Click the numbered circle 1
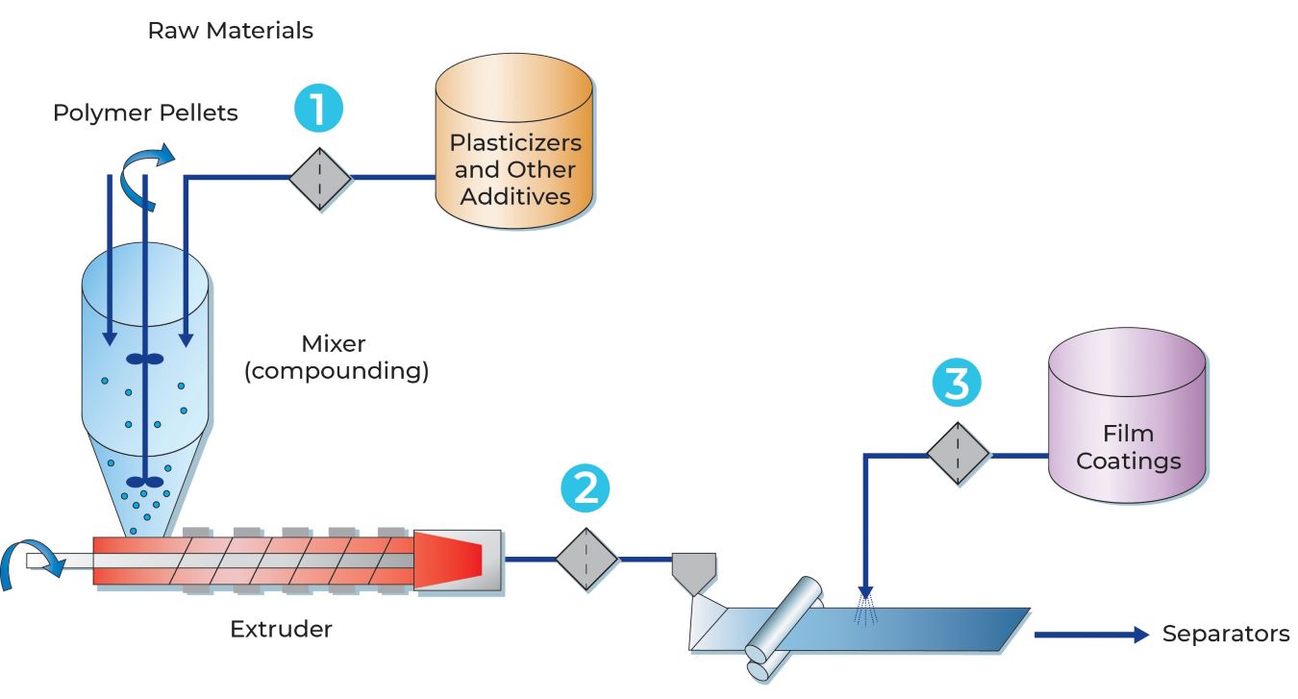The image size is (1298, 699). pos(318,109)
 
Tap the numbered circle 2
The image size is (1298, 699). pos(586,488)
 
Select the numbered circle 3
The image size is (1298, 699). pos(957,383)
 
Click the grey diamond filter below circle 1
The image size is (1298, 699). pos(320,179)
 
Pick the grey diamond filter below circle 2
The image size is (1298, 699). pos(587,560)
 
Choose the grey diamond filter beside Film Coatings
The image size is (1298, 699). pos(958,454)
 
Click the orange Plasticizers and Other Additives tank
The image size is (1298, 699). pos(514,140)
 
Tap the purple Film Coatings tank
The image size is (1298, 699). pos(1127,415)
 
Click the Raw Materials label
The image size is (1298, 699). pos(230,31)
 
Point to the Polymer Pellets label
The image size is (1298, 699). pos(145,113)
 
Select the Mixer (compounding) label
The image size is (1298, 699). pos(337,358)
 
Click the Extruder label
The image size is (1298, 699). pos(281,630)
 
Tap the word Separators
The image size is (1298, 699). pos(1226,634)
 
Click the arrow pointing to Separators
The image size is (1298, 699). pos(1091,635)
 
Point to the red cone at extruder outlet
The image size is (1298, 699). pos(448,561)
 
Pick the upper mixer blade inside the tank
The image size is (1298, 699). pos(145,359)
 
